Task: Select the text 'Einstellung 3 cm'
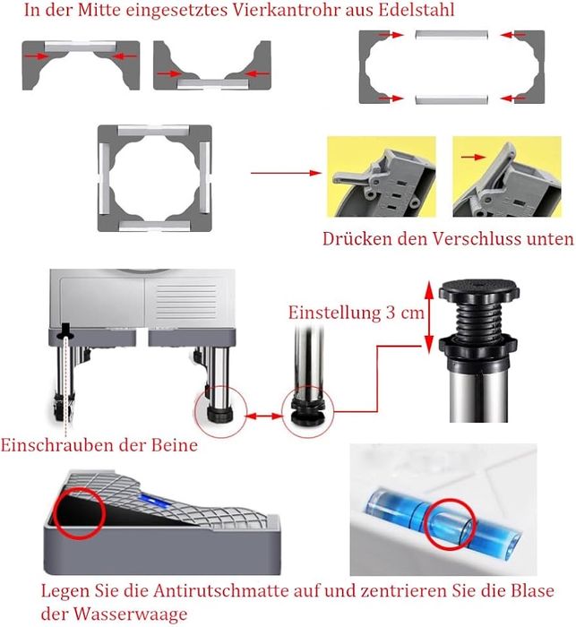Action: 357,313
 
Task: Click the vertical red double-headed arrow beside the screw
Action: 429,317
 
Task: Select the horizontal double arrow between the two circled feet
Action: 264,417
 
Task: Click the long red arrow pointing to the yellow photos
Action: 286,173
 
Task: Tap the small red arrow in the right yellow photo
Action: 473,157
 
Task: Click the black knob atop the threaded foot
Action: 478,290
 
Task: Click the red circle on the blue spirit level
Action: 450,524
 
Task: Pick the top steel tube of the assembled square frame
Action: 154,131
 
